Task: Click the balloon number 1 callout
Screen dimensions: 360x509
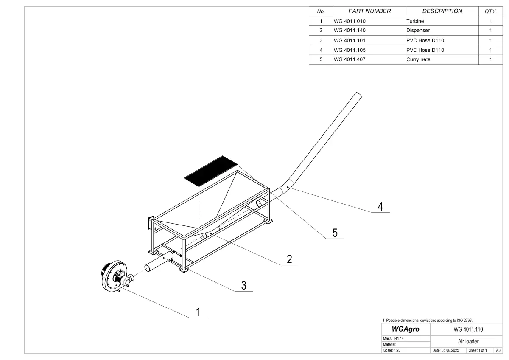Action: (198, 312)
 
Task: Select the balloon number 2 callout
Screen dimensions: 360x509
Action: (289, 259)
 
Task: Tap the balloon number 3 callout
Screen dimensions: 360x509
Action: (243, 285)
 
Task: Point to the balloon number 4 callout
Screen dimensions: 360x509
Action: (380, 206)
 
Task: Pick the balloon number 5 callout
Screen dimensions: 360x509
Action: (335, 233)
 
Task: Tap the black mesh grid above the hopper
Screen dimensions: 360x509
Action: (211, 170)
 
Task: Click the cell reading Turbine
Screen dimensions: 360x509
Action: (415, 21)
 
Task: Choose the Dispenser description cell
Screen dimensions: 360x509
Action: (418, 31)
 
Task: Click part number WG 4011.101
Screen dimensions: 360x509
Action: (350, 40)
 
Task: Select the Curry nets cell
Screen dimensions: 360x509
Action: (418, 59)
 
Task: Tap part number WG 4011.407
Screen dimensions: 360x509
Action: (350, 59)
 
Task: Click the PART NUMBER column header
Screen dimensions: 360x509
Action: (369, 11)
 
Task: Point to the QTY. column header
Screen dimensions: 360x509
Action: (490, 11)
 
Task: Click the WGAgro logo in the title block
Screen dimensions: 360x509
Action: (406, 329)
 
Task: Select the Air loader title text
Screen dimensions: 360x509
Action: (468, 341)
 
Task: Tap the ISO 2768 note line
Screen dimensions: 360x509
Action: (427, 320)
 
